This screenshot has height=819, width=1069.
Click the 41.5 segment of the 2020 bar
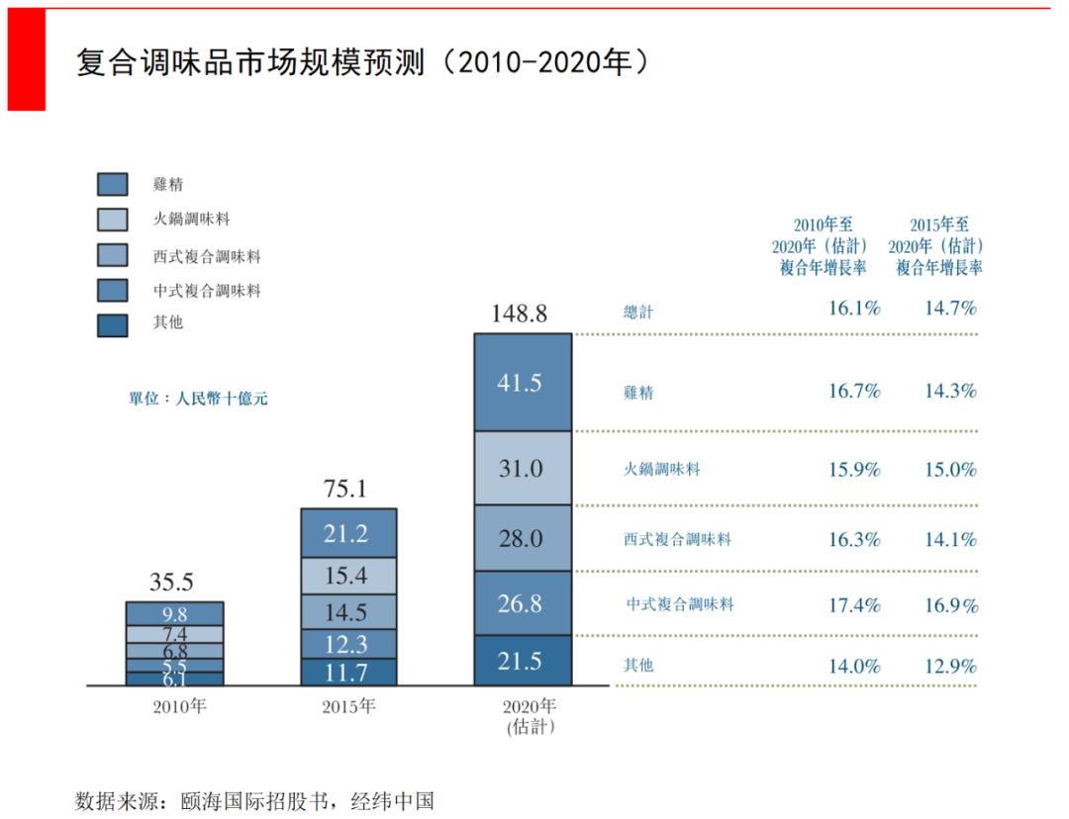pyautogui.click(x=523, y=382)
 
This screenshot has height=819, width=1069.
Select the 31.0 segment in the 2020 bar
pyautogui.click(x=523, y=468)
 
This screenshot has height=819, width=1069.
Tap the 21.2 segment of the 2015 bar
pyautogui.click(x=347, y=534)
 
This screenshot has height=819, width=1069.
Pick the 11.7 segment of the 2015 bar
pyautogui.click(x=347, y=673)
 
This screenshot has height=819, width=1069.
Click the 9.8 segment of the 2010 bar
pyautogui.click(x=175, y=614)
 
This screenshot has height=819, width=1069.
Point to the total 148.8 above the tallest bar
pyautogui.click(x=520, y=314)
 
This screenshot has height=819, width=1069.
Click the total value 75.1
pyautogui.click(x=346, y=489)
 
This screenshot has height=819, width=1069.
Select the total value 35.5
pyautogui.click(x=171, y=582)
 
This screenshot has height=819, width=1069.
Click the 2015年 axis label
pyautogui.click(x=348, y=707)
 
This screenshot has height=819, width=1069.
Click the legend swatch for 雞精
pyautogui.click(x=112, y=184)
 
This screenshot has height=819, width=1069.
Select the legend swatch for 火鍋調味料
pyautogui.click(x=112, y=220)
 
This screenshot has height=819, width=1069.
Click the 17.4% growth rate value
pyautogui.click(x=854, y=605)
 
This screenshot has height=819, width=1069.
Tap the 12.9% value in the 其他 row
pyautogui.click(x=950, y=666)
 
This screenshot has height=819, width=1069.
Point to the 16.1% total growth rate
pyautogui.click(x=854, y=308)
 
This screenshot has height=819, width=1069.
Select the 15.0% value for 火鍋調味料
pyautogui.click(x=950, y=470)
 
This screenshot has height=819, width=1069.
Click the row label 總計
pyautogui.click(x=638, y=313)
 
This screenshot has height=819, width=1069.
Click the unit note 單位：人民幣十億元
pyautogui.click(x=198, y=400)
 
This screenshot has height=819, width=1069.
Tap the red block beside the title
pyautogui.click(x=27, y=59)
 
